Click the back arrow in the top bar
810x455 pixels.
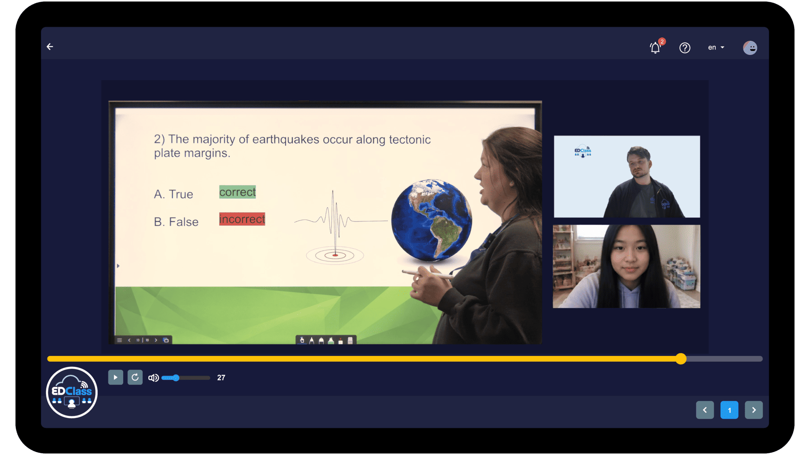coord(50,47)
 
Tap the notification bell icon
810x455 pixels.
coord(655,48)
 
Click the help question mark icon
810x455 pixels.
coord(685,48)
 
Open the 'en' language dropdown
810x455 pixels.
coord(716,48)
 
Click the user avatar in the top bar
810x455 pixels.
coord(750,48)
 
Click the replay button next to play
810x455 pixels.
coord(135,377)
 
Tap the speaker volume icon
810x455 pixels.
coord(154,378)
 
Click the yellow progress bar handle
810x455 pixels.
coord(681,359)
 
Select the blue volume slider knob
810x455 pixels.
coord(176,378)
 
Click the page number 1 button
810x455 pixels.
coord(729,410)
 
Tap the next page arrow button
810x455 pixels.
coord(754,410)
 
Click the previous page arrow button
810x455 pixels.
coord(705,410)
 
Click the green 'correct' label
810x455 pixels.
coord(238,192)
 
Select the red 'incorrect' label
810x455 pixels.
coord(242,219)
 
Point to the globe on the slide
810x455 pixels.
coord(432,220)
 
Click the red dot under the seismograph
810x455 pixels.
coord(335,255)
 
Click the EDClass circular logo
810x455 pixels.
coord(72,392)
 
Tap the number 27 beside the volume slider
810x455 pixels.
coord(221,378)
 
